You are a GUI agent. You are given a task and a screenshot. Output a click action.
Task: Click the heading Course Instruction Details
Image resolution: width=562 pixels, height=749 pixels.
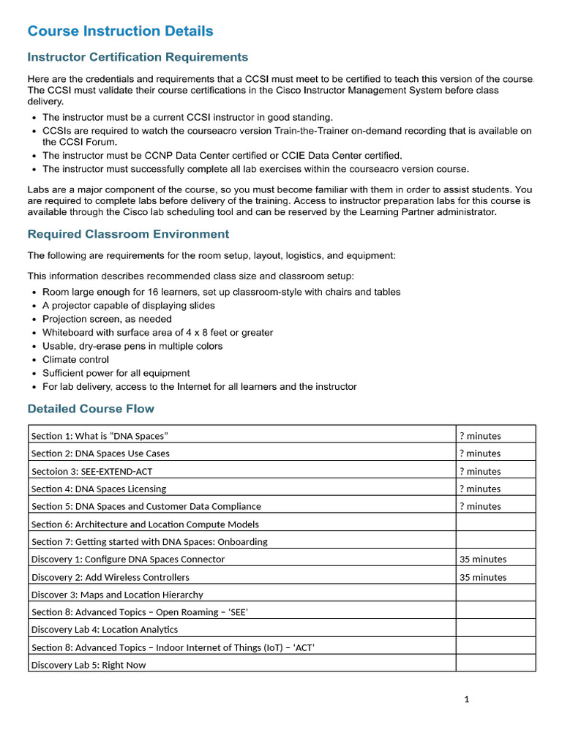click(x=120, y=31)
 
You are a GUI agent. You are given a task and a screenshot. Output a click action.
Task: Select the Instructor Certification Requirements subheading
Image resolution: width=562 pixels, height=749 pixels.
click(x=138, y=57)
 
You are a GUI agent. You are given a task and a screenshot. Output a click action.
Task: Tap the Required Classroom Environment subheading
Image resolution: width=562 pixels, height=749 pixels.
click(x=128, y=234)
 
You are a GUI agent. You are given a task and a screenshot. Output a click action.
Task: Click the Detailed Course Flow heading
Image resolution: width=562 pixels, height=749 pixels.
click(x=91, y=408)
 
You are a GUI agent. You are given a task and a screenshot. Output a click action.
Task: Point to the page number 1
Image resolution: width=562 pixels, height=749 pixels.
click(x=466, y=699)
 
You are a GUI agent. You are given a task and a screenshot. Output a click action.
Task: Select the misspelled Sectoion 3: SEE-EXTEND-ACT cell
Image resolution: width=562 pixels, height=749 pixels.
click(x=92, y=471)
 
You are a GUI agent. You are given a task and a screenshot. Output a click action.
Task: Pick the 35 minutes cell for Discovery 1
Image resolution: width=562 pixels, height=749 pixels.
click(x=483, y=559)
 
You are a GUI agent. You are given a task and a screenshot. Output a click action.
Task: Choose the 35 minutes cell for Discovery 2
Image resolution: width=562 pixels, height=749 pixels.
click(x=483, y=577)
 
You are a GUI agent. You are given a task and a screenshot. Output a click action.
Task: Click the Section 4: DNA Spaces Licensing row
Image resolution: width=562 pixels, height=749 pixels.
click(x=99, y=489)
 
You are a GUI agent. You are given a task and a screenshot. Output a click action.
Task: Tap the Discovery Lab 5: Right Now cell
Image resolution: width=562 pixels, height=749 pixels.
click(x=89, y=665)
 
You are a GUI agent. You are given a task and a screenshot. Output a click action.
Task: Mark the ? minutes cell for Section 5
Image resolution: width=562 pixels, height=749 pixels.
click(x=480, y=506)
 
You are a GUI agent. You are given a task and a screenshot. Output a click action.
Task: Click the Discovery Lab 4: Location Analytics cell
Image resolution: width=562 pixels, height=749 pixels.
click(x=105, y=629)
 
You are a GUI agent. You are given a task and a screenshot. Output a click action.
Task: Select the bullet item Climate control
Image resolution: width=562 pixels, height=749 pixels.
click(x=75, y=359)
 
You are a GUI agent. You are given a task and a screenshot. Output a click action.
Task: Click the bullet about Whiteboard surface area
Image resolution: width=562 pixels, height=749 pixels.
click(x=157, y=332)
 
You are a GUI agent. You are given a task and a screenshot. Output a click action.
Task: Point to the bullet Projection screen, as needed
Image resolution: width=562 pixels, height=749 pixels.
click(x=107, y=319)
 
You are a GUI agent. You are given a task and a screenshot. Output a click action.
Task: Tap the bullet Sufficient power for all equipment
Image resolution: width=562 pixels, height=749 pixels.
click(x=116, y=373)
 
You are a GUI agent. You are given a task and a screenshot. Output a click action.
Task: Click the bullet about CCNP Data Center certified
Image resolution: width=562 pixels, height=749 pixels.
click(x=222, y=155)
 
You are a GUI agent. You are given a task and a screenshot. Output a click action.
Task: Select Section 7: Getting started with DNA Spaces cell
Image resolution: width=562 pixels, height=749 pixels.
click(x=149, y=542)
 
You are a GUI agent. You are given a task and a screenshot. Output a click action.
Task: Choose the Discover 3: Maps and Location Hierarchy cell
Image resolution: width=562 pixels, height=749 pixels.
click(x=117, y=595)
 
